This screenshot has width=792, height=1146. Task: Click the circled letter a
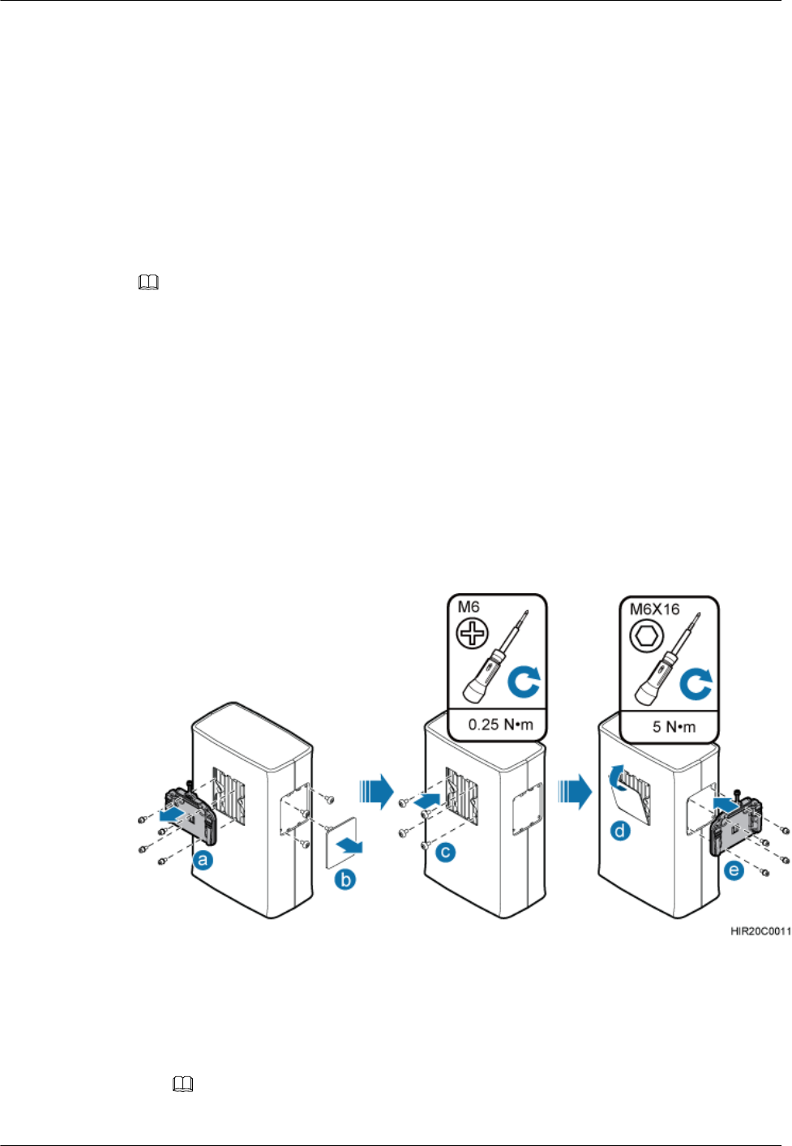pyautogui.click(x=203, y=860)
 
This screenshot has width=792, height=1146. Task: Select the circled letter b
pyautogui.click(x=345, y=879)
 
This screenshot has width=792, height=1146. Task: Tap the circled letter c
pyautogui.click(x=446, y=852)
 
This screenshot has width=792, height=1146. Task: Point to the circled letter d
pyautogui.click(x=620, y=831)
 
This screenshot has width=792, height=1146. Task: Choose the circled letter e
pyautogui.click(x=734, y=871)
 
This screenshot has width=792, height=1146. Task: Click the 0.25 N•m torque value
pyautogui.click(x=500, y=725)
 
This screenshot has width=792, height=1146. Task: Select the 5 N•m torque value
pyautogui.click(x=674, y=726)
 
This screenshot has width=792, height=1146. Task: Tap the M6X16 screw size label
pyautogui.click(x=654, y=609)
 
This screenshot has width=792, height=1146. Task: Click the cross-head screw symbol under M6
pyautogui.click(x=473, y=633)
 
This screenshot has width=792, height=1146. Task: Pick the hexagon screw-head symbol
pyautogui.click(x=646, y=636)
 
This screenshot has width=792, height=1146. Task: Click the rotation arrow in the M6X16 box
pyautogui.click(x=696, y=684)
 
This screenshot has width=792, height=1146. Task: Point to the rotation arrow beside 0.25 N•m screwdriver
pyautogui.click(x=524, y=682)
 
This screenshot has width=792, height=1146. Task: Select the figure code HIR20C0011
pyautogui.click(x=760, y=931)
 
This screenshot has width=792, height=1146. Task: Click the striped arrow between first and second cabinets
pyautogui.click(x=377, y=791)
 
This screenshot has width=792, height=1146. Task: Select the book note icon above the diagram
pyautogui.click(x=148, y=283)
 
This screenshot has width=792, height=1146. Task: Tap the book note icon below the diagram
pyautogui.click(x=183, y=1084)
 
